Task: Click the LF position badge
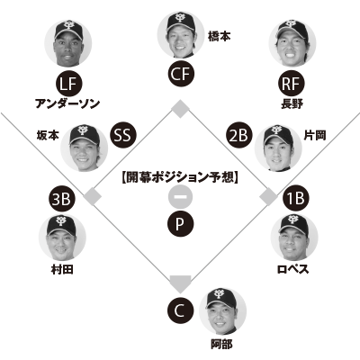(69, 84)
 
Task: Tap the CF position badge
(181, 74)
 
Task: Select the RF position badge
(291, 84)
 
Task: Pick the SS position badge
(123, 135)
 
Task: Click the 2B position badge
(238, 135)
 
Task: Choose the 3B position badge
(62, 199)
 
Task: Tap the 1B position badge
(296, 198)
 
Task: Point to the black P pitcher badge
(180, 224)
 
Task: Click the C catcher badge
(180, 310)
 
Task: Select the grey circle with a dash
(180, 197)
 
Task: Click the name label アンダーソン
(67, 103)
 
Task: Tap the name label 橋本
(220, 37)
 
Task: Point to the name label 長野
(292, 103)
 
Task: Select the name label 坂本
(48, 136)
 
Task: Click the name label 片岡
(315, 136)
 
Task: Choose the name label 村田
(62, 269)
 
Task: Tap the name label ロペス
(292, 269)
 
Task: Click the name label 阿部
(221, 344)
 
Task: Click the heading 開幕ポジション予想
(180, 177)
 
